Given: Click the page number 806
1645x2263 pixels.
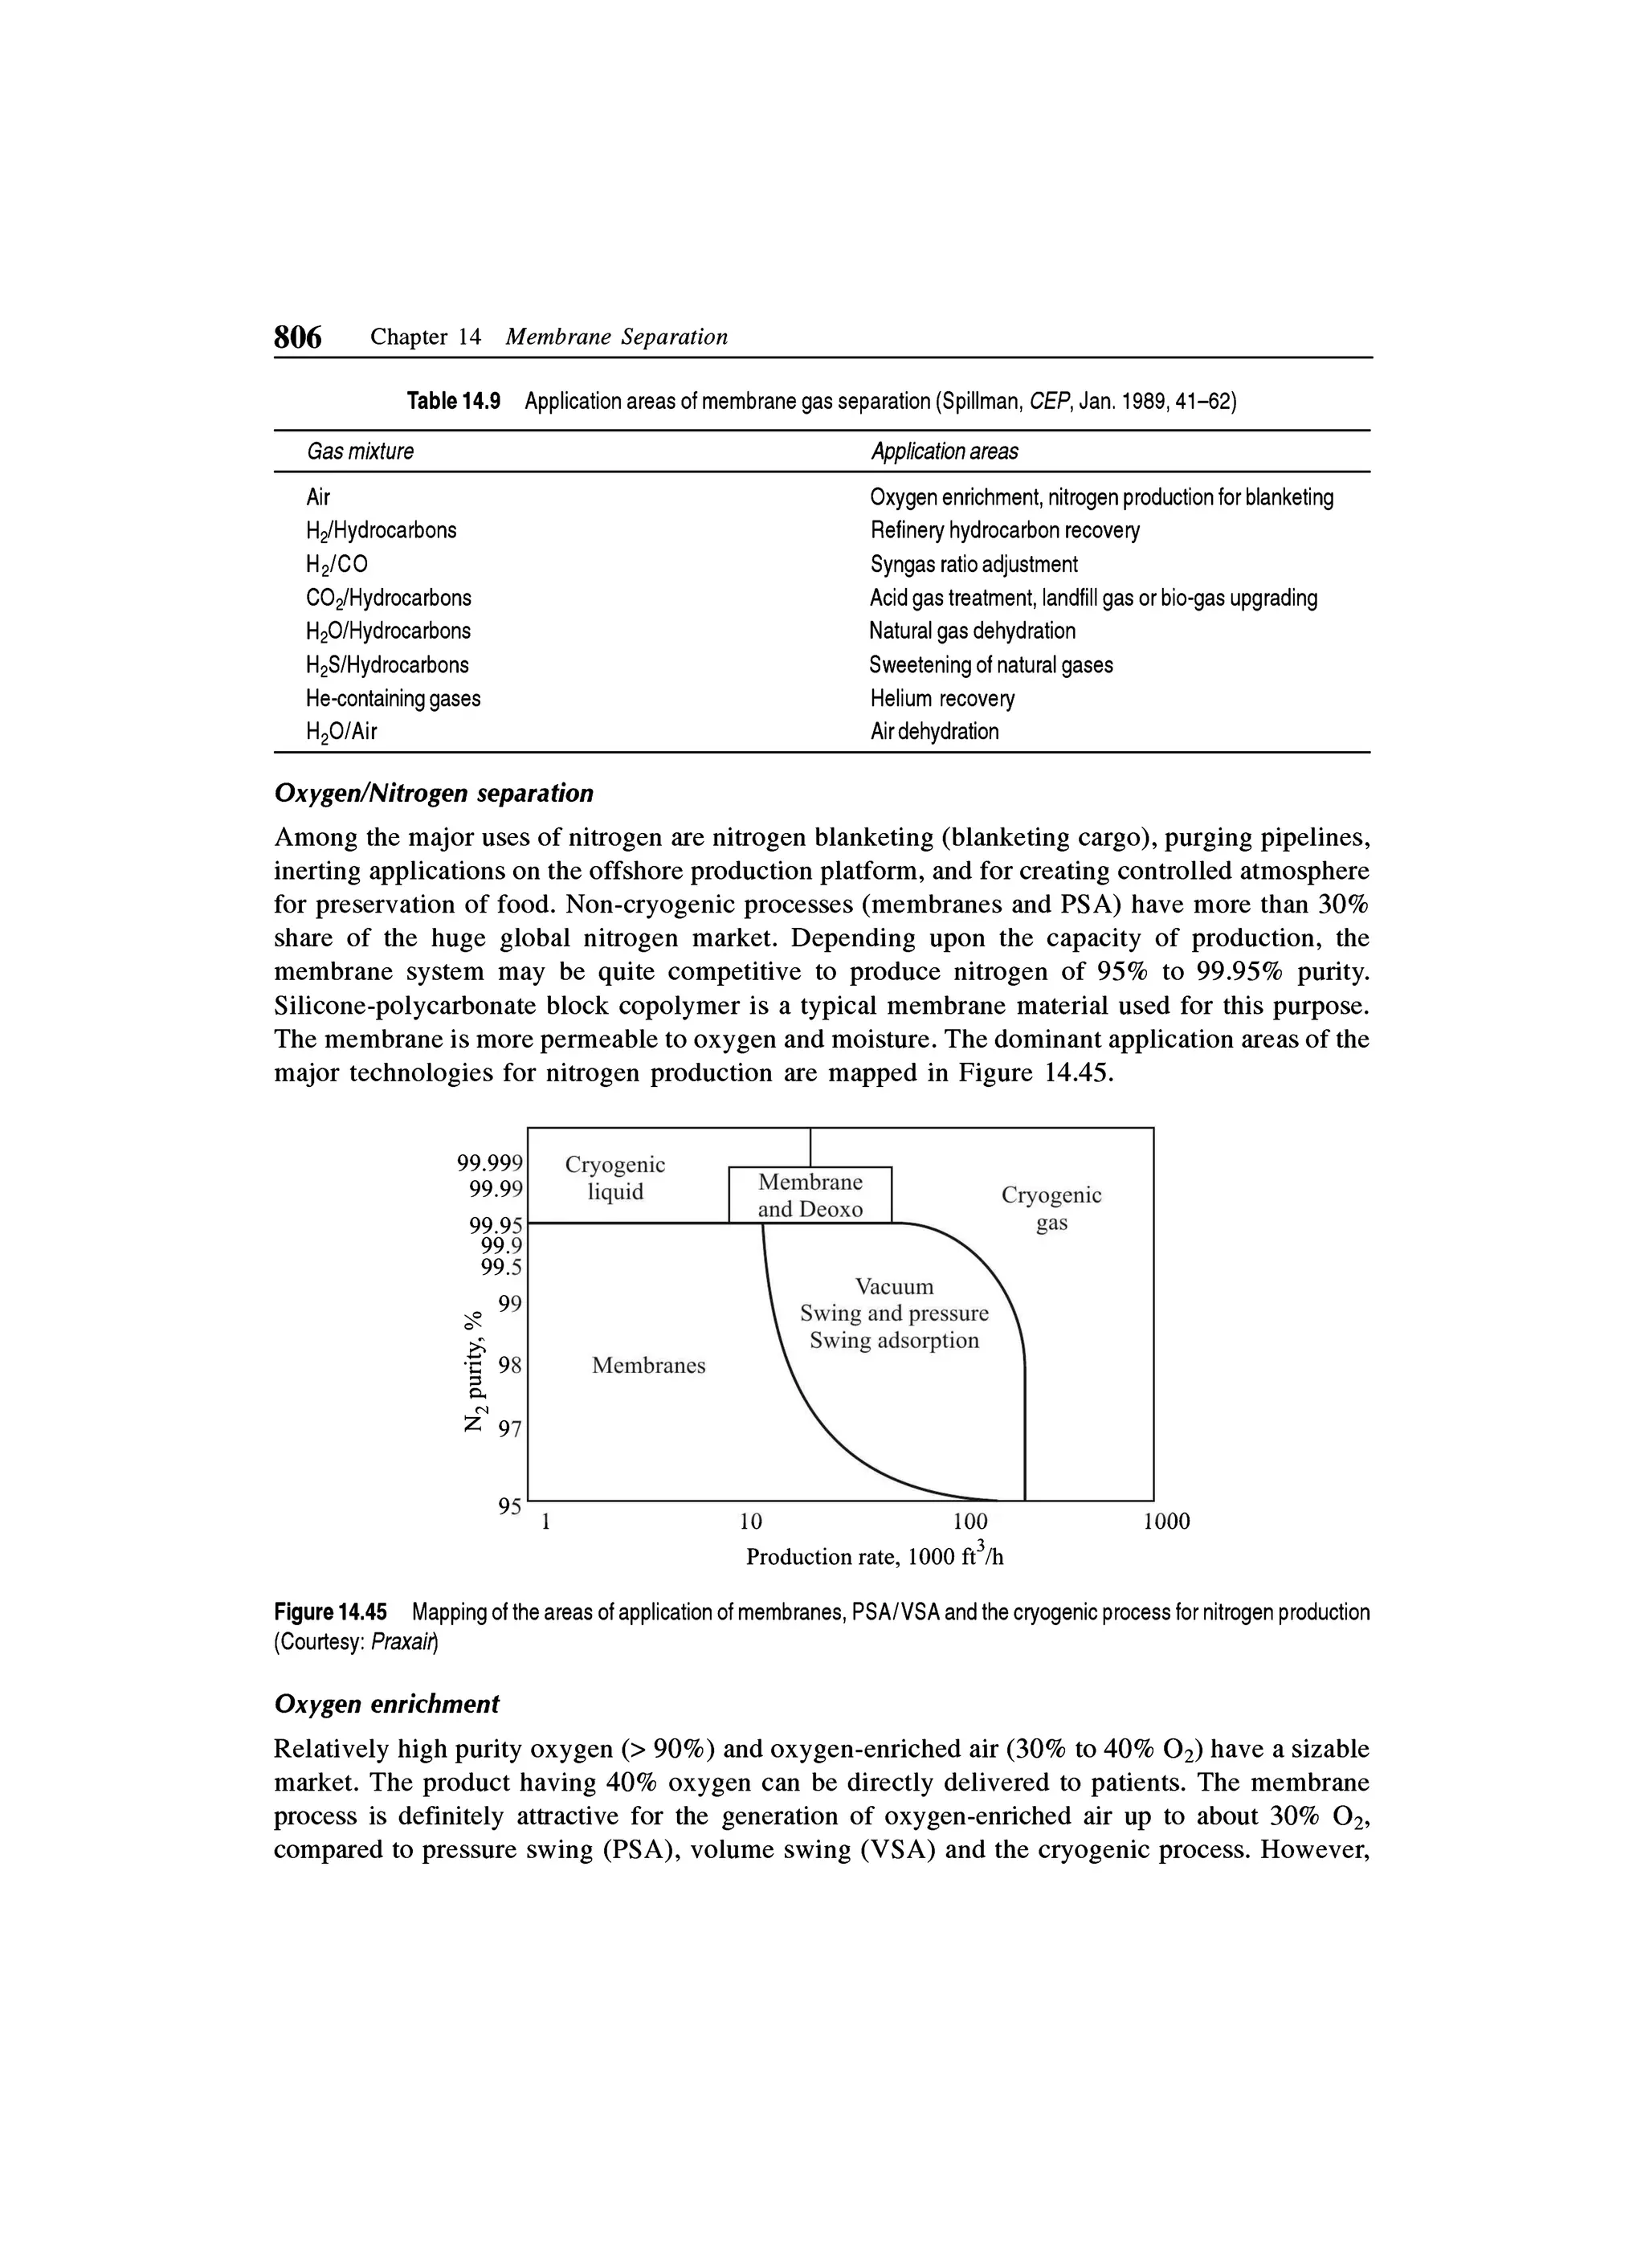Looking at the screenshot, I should [297, 337].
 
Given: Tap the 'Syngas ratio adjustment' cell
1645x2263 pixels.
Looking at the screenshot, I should [974, 565].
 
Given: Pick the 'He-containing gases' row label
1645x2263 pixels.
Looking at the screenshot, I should [393, 698].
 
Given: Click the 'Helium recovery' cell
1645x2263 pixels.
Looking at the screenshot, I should [941, 698].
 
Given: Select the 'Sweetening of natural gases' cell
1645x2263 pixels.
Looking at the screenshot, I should [990, 664].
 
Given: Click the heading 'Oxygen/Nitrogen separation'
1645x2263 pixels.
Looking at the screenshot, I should [433, 793].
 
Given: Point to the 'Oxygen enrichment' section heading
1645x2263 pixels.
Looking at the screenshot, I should [386, 1704].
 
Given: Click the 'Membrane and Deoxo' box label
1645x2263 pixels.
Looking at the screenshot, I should [810, 1195].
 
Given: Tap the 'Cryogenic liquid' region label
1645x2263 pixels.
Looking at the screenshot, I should [614, 1178].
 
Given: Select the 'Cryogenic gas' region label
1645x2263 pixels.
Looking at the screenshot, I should [1051, 1208].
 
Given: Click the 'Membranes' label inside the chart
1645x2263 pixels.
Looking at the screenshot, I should [648, 1365].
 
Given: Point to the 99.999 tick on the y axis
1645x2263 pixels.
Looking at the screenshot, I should [490, 1163].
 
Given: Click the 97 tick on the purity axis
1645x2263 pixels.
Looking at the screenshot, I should [510, 1429].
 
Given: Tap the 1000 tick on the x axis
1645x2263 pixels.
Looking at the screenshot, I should [1165, 1522].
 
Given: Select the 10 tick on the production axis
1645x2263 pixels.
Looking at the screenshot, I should [750, 1522].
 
